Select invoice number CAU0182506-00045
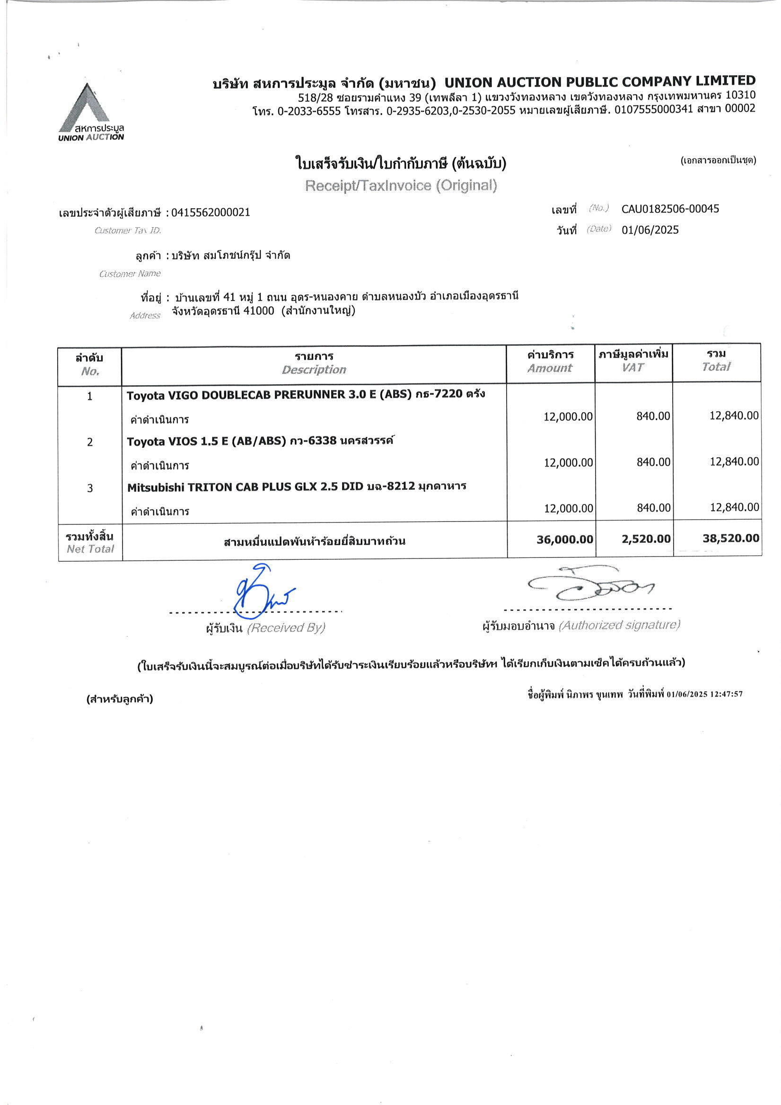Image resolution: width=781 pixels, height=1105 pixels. (670, 209)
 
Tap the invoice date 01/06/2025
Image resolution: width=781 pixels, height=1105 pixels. (649, 230)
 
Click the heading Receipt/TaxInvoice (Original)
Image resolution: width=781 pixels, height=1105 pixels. (401, 186)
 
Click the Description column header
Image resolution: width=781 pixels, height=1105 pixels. (314, 369)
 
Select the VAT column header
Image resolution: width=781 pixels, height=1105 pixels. (633, 367)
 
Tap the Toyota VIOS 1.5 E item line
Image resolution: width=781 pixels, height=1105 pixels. (260, 441)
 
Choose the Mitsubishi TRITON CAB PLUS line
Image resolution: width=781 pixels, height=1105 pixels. (297, 486)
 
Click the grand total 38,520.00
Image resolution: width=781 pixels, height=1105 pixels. (730, 538)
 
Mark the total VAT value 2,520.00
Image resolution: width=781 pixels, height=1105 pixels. (646, 539)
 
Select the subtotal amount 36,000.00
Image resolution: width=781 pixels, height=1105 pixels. (564, 539)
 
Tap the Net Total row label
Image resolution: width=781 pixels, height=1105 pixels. (90, 548)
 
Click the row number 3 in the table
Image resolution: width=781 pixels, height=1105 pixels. (90, 488)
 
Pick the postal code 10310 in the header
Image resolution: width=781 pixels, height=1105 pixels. (740, 95)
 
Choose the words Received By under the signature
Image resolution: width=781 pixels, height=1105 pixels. (286, 628)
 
